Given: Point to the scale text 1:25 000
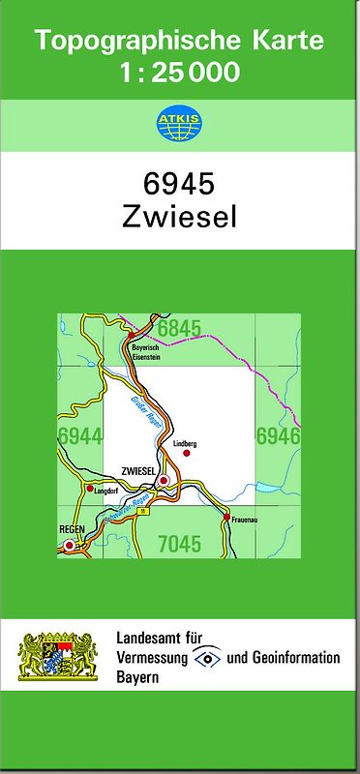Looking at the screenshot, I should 180,73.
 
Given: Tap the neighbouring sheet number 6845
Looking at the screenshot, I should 179,329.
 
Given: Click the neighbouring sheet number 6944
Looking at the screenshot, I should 79,436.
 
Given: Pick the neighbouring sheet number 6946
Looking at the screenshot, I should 279,436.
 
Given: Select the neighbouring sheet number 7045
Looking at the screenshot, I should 179,544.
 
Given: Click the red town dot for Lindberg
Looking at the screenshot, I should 187,452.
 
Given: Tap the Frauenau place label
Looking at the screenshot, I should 242,530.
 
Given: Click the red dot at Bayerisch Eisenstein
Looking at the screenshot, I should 132,336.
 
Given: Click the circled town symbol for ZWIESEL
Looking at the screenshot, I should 165,481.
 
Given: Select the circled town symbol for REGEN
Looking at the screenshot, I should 69,547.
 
